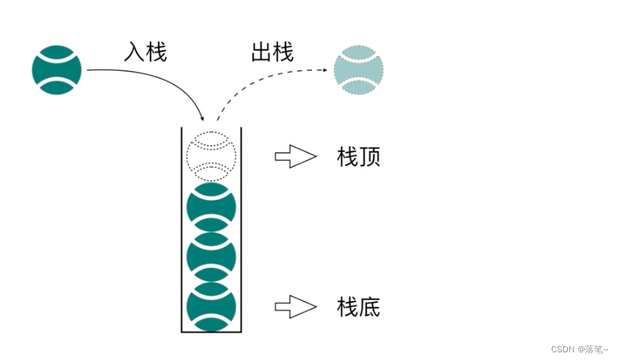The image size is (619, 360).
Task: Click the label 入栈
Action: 145,52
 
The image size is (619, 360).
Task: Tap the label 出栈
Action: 272,52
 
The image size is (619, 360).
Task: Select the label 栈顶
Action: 359,157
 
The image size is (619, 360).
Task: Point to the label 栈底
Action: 359,306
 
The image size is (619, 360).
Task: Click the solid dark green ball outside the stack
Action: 57,70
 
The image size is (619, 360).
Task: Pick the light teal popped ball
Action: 359,70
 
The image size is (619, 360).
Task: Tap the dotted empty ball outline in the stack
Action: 211,155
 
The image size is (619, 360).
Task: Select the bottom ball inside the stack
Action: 211,306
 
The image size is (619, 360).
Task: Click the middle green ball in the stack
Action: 211,257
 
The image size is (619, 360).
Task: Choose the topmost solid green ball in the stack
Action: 211,208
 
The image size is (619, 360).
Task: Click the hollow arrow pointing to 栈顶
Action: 295,157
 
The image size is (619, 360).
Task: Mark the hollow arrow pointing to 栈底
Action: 295,305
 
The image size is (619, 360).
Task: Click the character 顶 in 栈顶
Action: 369,157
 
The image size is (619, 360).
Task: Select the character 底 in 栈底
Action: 369,306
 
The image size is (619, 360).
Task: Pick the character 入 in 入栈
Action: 134,52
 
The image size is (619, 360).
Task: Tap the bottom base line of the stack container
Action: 211,331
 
